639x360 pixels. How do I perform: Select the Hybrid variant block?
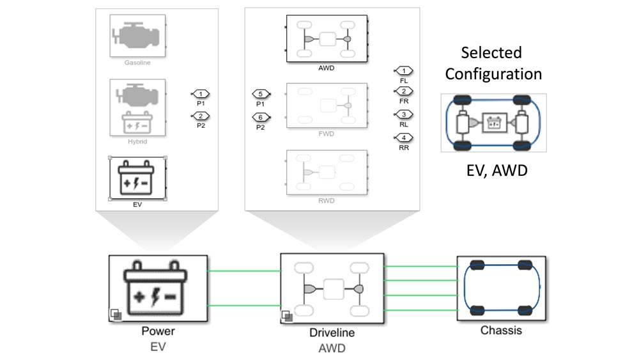[138, 107]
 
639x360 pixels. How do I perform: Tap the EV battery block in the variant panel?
[138, 178]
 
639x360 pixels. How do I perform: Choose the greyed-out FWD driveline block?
[327, 105]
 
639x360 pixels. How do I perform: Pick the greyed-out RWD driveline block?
[327, 172]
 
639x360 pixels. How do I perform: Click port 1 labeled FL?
[404, 70]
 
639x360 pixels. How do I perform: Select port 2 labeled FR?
[404, 91]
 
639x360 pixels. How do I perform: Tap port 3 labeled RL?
[404, 114]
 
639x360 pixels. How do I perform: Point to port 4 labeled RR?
[404, 137]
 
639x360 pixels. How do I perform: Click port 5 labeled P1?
[261, 95]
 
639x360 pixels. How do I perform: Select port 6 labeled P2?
[261, 117]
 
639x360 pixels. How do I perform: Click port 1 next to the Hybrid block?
[201, 94]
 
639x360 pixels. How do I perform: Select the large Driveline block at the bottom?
[332, 288]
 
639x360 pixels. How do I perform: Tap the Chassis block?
[501, 288]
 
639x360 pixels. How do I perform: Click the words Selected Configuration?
[493, 63]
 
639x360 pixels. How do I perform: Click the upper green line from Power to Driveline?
[244, 270]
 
